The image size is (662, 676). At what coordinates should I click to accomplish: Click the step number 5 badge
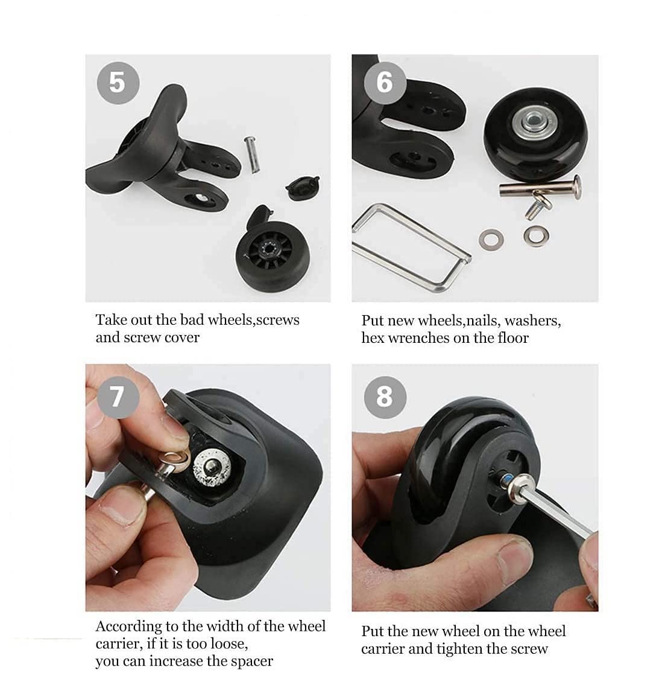click(x=118, y=83)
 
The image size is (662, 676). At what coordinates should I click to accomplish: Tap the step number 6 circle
click(x=385, y=83)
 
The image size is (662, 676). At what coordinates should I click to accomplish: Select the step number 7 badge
click(x=118, y=397)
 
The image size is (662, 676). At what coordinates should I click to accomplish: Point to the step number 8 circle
click(x=385, y=397)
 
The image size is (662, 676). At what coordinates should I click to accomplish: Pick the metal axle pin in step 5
click(x=252, y=155)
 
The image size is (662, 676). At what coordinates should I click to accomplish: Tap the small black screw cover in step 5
click(x=302, y=188)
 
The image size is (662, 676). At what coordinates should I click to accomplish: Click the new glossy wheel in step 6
click(x=535, y=135)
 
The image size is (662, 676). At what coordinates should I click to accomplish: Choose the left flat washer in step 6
click(x=491, y=240)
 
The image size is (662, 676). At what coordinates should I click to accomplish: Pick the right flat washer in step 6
click(x=536, y=236)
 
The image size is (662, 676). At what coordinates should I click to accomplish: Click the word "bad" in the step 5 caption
click(x=192, y=320)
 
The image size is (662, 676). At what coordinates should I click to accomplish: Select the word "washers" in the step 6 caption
click(x=533, y=321)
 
